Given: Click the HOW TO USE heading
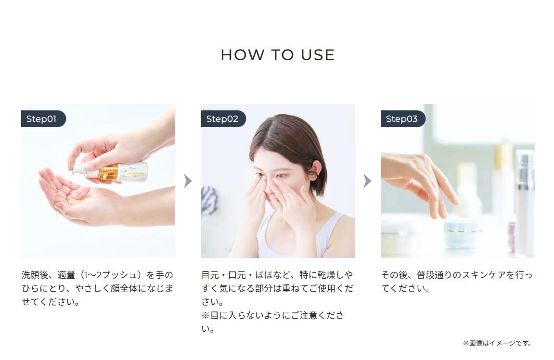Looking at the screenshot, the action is click(277, 55).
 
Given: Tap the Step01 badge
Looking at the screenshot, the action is click(43, 119).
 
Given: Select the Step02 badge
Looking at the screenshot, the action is click(223, 119).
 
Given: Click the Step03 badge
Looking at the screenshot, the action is click(402, 119).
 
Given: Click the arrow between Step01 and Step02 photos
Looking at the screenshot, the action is click(188, 181).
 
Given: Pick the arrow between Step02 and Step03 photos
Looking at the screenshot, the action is click(367, 181).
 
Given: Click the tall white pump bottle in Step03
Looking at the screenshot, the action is click(524, 201).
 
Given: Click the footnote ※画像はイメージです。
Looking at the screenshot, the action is click(497, 343).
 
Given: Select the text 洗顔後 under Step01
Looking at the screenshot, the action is click(35, 275).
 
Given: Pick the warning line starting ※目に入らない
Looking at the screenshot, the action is click(272, 322).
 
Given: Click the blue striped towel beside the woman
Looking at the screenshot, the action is click(209, 200).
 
